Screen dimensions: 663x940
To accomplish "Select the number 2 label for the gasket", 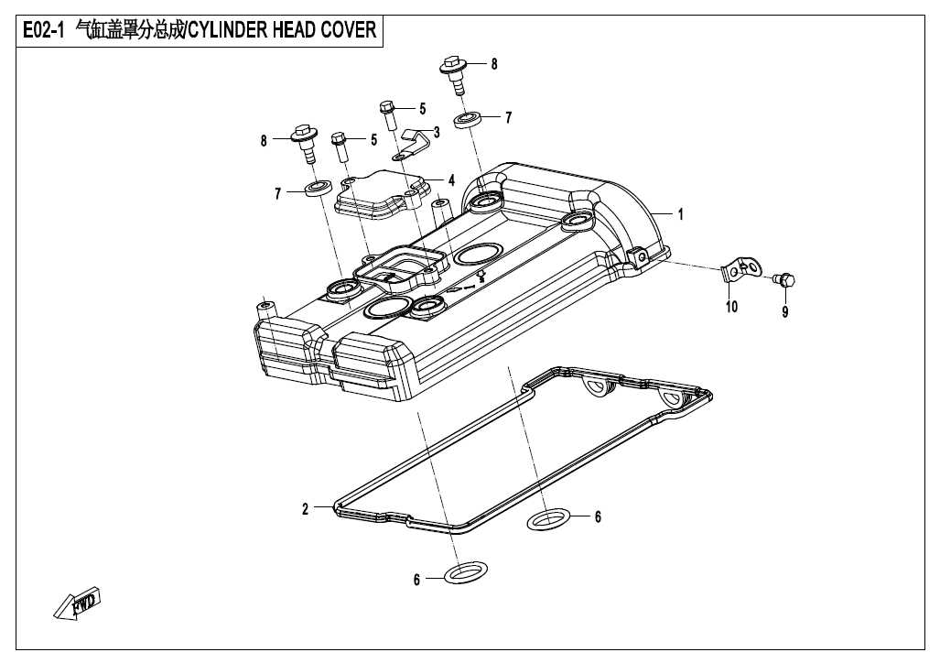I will tap(306, 509).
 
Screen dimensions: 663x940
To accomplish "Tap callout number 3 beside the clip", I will tap(437, 132).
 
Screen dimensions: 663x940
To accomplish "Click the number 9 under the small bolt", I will tap(784, 311).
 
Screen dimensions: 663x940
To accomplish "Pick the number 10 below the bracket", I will tap(731, 307).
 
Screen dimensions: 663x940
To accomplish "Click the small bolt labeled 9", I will tap(784, 278).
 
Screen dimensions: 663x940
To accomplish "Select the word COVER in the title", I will tap(346, 30).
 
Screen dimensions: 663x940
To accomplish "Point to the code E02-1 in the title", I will tap(42, 30).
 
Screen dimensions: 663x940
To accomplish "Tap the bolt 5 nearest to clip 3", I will tap(387, 114).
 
